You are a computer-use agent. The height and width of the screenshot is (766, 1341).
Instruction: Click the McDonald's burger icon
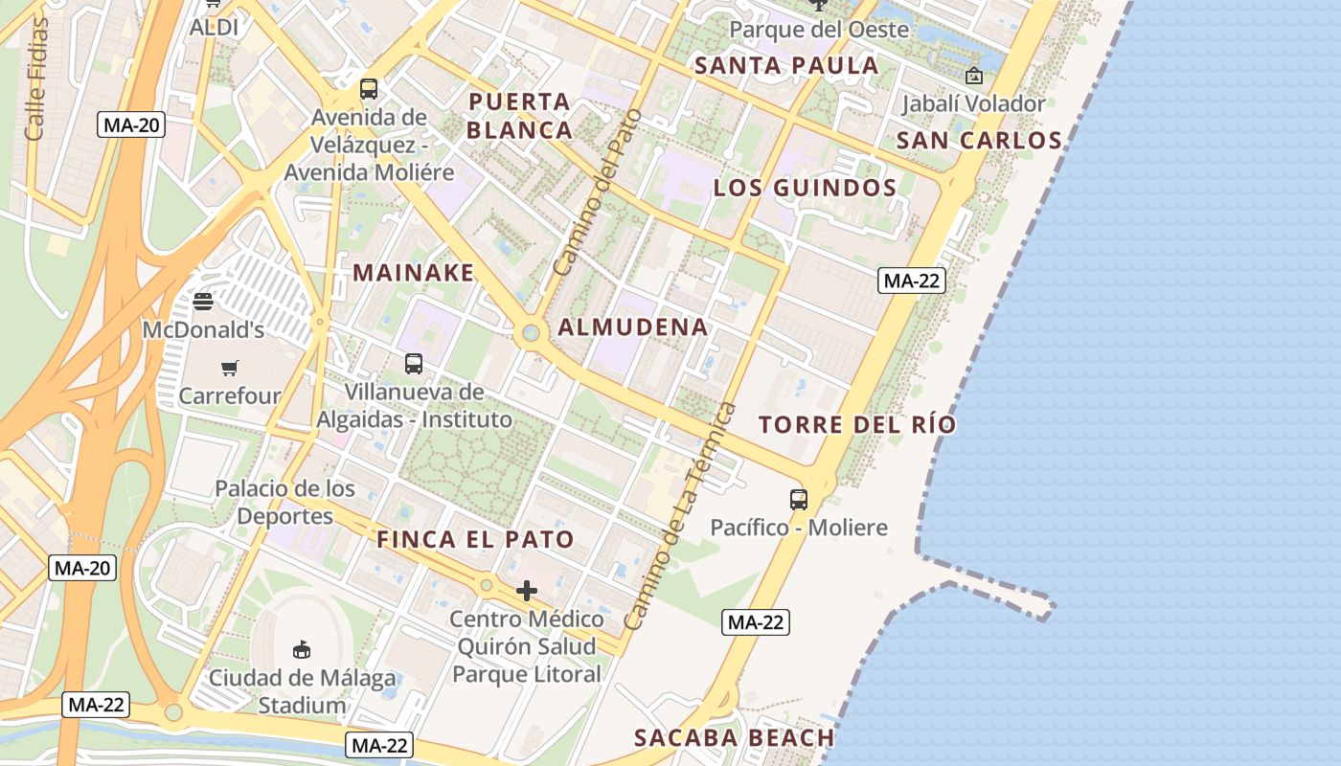(202, 302)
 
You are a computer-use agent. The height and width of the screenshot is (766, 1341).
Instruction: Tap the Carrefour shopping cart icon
(229, 368)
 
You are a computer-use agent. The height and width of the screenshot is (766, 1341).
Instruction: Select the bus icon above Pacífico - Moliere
(798, 499)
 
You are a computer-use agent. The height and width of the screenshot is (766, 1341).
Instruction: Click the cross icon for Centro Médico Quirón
(526, 591)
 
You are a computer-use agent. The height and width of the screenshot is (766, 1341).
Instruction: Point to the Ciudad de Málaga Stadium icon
(302, 650)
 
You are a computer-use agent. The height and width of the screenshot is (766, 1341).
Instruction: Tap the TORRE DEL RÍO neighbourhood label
(857, 424)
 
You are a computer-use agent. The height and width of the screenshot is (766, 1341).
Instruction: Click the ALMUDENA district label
(633, 327)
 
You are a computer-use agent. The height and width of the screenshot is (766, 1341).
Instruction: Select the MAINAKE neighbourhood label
(414, 273)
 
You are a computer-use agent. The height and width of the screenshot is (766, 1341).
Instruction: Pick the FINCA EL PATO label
(475, 539)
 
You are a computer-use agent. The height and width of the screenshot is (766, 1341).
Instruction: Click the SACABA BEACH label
(735, 737)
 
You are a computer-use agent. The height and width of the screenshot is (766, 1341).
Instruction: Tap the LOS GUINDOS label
(805, 188)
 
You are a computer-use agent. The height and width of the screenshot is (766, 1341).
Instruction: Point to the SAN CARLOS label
(979, 141)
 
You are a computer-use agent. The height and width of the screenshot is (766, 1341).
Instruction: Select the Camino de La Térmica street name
(681, 517)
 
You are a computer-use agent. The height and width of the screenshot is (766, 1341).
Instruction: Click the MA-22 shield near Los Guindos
(912, 281)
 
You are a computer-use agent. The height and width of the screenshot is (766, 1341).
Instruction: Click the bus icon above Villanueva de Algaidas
(413, 364)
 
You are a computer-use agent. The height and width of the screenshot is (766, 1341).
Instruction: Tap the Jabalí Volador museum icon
(974, 76)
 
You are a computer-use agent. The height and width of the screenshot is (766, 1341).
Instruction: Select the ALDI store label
(214, 28)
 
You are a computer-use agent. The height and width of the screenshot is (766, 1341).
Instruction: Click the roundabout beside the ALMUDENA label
(530, 333)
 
